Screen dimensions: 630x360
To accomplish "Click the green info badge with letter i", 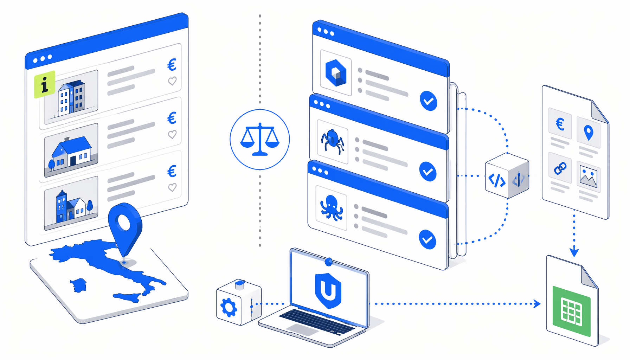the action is pyautogui.click(x=45, y=84).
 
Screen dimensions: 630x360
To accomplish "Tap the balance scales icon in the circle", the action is pyautogui.click(x=260, y=139).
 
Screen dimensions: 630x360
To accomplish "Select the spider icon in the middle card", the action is pyautogui.click(x=332, y=141).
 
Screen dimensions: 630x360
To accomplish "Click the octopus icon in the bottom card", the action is pyautogui.click(x=332, y=208).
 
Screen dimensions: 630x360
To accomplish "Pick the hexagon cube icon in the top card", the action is pyautogui.click(x=336, y=73).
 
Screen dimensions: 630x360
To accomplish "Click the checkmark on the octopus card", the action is pyautogui.click(x=427, y=239).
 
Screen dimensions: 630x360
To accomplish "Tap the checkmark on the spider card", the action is pyautogui.click(x=428, y=172).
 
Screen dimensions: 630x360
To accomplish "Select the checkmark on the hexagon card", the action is pyautogui.click(x=429, y=101).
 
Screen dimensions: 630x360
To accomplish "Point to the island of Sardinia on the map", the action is pyautogui.click(x=79, y=285).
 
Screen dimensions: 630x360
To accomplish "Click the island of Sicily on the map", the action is pyautogui.click(x=128, y=297).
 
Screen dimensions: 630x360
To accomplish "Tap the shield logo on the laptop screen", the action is pyautogui.click(x=328, y=290).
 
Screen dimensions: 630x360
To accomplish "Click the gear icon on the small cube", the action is pyautogui.click(x=229, y=307).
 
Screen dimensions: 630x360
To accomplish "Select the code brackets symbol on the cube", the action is pyautogui.click(x=497, y=180).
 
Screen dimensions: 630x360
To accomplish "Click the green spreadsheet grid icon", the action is pyautogui.click(x=571, y=311).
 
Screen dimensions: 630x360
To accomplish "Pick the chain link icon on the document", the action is pyautogui.click(x=560, y=168).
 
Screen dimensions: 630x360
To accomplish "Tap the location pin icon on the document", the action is pyautogui.click(x=589, y=133).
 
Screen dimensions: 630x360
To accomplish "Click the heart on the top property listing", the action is pyautogui.click(x=172, y=81).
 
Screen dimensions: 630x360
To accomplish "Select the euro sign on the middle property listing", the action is pyautogui.click(x=172, y=118).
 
